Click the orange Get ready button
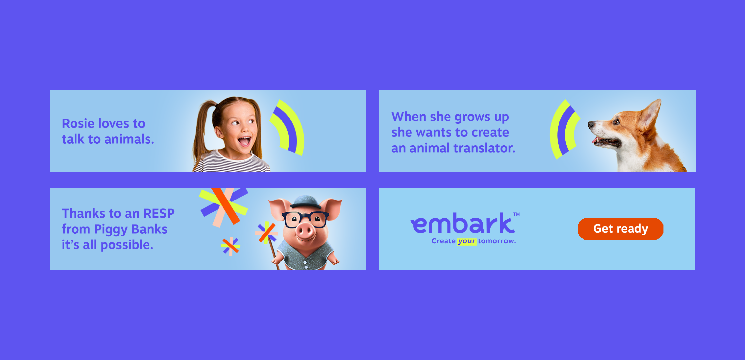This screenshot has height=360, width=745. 620,229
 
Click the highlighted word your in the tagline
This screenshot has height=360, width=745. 466,241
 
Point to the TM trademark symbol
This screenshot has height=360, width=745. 516,214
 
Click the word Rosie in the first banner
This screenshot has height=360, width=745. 78,123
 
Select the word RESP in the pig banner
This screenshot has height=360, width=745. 159,214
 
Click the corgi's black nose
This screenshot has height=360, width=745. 591,125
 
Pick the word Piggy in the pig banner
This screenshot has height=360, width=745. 111,230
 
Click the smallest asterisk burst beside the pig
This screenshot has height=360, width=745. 230,246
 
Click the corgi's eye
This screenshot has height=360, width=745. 616,122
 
